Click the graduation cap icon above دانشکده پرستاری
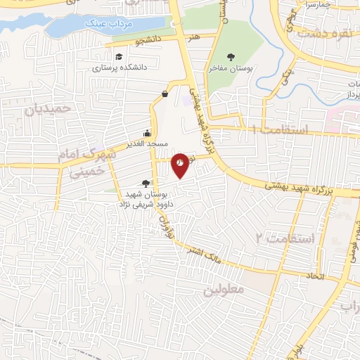(x=119, y=56)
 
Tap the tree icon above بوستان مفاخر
(x=230, y=57)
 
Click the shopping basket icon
(x=165, y=93)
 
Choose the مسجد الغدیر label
(x=147, y=143)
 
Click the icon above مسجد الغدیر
(x=147, y=133)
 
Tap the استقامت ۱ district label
(x=280, y=130)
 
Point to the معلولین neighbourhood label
(x=223, y=289)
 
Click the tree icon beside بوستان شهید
(x=146, y=182)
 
